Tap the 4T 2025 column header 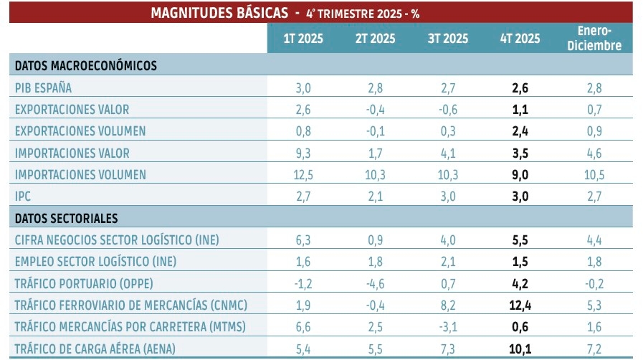coord(520,38)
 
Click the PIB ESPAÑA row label coord(44,87)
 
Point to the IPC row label coord(24,196)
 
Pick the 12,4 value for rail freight coord(520,305)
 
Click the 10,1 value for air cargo coord(520,349)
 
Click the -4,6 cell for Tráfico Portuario coord(375,283)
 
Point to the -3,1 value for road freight coord(445,327)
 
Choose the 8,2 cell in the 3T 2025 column coord(445,305)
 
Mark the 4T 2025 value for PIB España coord(520,87)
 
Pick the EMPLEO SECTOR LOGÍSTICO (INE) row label coord(95,262)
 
